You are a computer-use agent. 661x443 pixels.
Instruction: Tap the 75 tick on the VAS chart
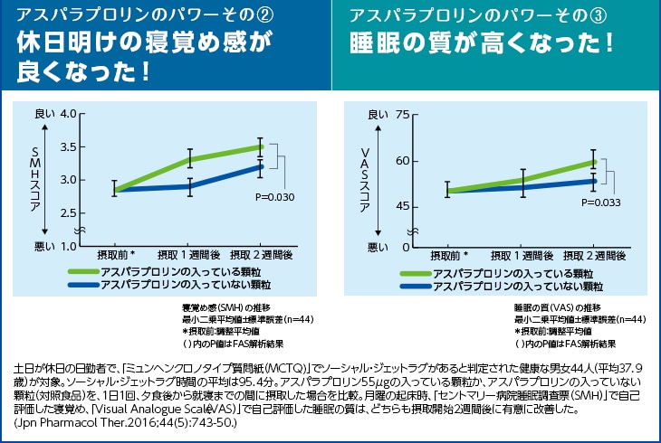[x=404, y=115]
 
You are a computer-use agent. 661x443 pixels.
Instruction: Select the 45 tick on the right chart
[x=404, y=207]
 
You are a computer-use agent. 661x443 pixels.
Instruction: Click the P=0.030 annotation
[x=276, y=196]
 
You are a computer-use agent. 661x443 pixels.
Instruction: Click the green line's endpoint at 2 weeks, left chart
[x=261, y=146]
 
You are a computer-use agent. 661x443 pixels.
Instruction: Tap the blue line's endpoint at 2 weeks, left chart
[x=261, y=165]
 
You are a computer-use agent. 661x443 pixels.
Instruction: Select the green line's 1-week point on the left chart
[x=190, y=159]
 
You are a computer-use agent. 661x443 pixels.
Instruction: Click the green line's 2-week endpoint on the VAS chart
[x=593, y=161]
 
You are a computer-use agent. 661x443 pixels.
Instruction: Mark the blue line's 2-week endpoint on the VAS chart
[x=593, y=181]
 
